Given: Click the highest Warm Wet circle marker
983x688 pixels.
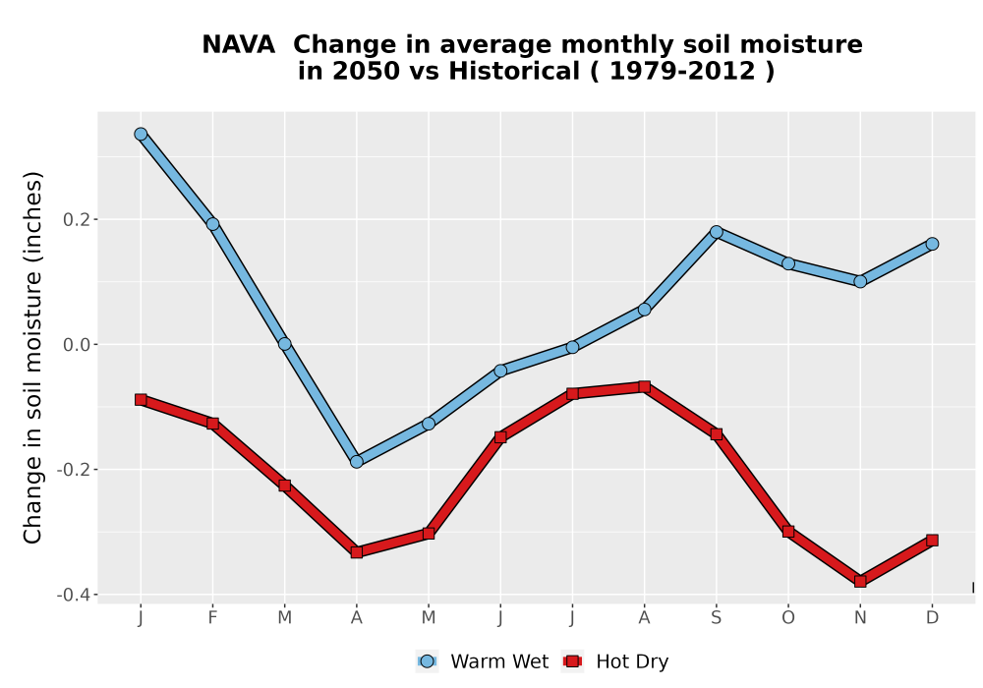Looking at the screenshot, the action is pyautogui.click(x=141, y=134).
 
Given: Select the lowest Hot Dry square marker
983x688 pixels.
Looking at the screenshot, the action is pyautogui.click(x=860, y=582).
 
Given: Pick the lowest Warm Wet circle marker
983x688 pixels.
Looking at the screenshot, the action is pyautogui.click(x=357, y=462).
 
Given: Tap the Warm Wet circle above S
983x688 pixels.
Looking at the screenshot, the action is pyautogui.click(x=717, y=232).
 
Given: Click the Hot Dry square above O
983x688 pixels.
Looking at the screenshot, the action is pyautogui.click(x=788, y=532).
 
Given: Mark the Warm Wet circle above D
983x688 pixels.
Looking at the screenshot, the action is pyautogui.click(x=932, y=244).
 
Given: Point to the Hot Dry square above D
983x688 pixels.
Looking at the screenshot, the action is pyautogui.click(x=932, y=541).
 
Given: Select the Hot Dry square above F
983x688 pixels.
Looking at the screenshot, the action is pyautogui.click(x=212, y=424).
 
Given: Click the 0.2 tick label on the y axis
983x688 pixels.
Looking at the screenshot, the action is pyautogui.click(x=77, y=220).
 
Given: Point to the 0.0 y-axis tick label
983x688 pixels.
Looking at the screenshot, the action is pyautogui.click(x=77, y=345).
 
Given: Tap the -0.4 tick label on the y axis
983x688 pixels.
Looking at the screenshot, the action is pyautogui.click(x=74, y=595).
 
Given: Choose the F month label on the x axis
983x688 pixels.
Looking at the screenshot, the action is pyautogui.click(x=212, y=618).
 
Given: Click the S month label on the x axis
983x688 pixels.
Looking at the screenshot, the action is pyautogui.click(x=717, y=618).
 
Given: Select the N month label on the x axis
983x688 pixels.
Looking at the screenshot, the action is pyautogui.click(x=860, y=618).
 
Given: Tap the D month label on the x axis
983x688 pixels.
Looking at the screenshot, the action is pyautogui.click(x=932, y=618).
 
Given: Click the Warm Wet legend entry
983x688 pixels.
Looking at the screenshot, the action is pyautogui.click(x=482, y=661).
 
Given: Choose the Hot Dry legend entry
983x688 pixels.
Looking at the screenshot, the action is pyautogui.click(x=615, y=661).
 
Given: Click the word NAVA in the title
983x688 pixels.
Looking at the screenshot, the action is pyautogui.click(x=238, y=45).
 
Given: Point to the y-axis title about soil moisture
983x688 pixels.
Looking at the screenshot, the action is pyautogui.click(x=32, y=358).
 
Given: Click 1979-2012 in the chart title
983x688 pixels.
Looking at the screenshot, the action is pyautogui.click(x=682, y=71).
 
